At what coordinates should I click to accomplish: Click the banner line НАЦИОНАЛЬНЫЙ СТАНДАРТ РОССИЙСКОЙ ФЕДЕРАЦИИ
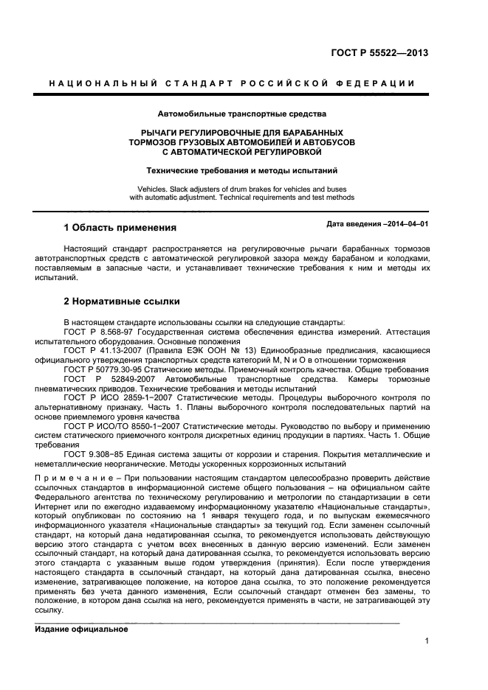point(241,83)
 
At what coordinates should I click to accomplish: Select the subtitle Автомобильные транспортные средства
point(241,114)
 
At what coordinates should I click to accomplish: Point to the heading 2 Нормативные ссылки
point(121,303)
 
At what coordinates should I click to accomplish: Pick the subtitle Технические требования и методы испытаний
point(241,170)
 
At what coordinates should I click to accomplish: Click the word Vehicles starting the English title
point(164,188)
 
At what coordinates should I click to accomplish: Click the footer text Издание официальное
point(82,629)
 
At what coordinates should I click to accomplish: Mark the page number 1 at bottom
point(427,641)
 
